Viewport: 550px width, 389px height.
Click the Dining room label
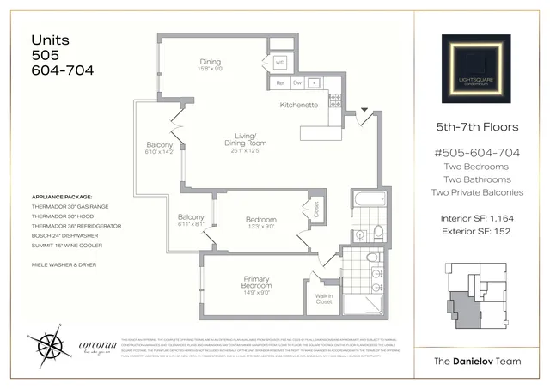(211, 62)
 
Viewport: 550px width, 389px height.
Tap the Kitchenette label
(299, 105)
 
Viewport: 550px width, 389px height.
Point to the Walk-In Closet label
(324, 301)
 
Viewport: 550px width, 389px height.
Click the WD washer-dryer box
(279, 63)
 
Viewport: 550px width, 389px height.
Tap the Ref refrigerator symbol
(280, 83)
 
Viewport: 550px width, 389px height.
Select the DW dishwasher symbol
(296, 83)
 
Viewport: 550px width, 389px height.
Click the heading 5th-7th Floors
(476, 127)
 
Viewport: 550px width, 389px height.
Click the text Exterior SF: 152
(476, 232)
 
